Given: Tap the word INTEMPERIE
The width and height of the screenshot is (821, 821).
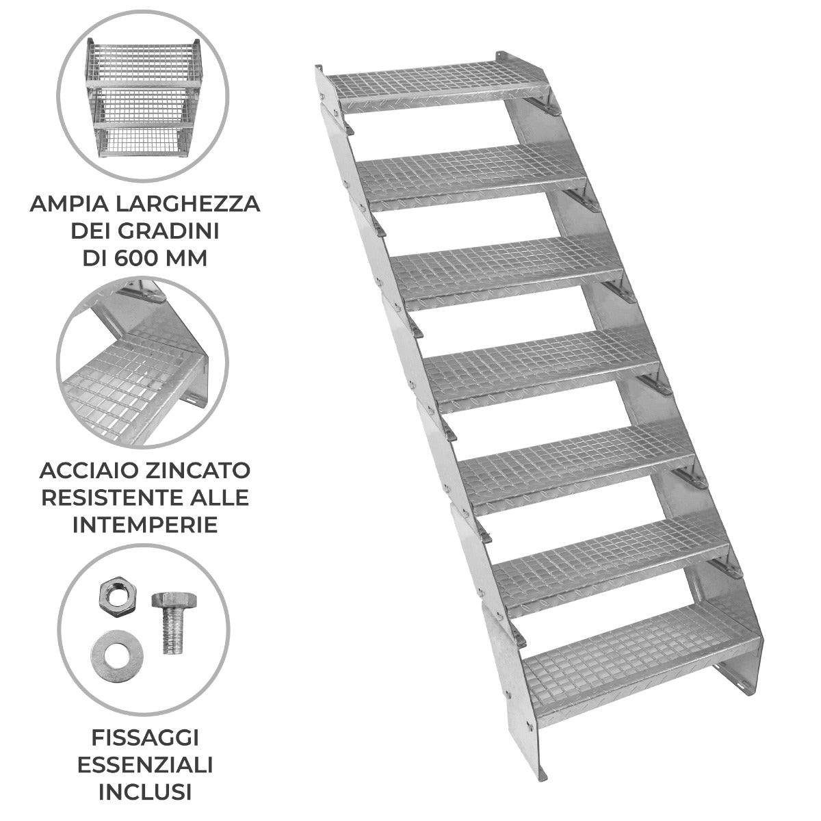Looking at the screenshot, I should pos(144,525).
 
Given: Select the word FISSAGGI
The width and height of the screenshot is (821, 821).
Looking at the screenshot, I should pos(144,738).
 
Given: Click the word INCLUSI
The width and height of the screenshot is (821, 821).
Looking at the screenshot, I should pos(144,792).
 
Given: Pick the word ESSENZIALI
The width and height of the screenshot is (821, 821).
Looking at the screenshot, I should pos(144,765).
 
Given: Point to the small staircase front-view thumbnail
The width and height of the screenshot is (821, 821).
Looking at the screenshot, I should pos(143,97).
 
